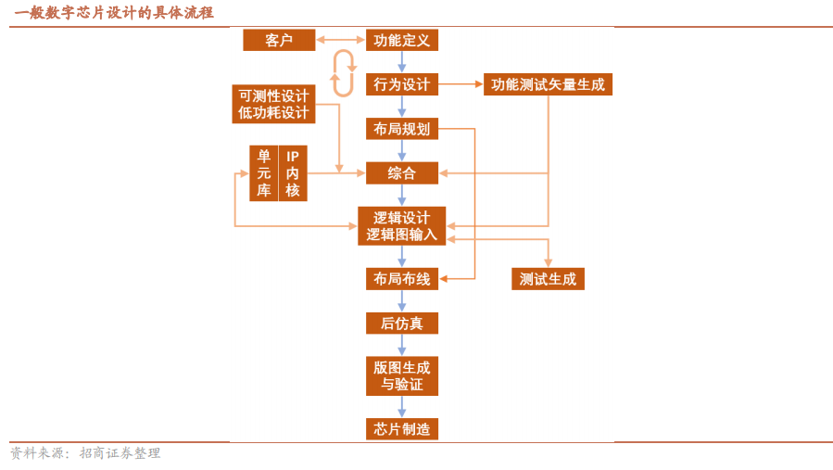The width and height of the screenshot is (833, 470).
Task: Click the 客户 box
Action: pyautogui.click(x=279, y=40)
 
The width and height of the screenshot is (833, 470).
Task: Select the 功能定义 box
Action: pyautogui.click(x=401, y=40)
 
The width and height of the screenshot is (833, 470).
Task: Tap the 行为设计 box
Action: pyautogui.click(x=401, y=84)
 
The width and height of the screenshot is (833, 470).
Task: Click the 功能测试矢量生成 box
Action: pyautogui.click(x=548, y=84)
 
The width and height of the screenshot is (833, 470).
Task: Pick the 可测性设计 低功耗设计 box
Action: pyautogui.click(x=273, y=104)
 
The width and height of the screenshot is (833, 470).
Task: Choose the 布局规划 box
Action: pyautogui.click(x=401, y=129)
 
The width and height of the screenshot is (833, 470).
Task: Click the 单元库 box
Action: pyautogui.click(x=264, y=173)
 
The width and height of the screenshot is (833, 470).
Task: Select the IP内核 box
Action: pyautogui.click(x=293, y=173)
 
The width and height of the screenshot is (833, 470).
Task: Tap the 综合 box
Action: pyautogui.click(x=401, y=173)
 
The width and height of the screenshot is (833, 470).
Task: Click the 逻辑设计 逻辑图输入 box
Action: pyautogui.click(x=401, y=226)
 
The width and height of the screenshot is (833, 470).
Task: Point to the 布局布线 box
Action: pyautogui.click(x=401, y=279)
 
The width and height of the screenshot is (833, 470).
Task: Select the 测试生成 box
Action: pyautogui.click(x=548, y=279)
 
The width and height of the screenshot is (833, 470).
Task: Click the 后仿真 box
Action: pyautogui.click(x=401, y=324)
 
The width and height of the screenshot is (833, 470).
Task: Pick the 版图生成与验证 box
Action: pyautogui.click(x=401, y=375)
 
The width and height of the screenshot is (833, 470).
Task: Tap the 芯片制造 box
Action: pyautogui.click(x=401, y=428)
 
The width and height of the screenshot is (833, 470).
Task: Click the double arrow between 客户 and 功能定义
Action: pyautogui.click(x=340, y=40)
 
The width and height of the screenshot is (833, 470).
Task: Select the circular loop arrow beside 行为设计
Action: pyautogui.click(x=344, y=74)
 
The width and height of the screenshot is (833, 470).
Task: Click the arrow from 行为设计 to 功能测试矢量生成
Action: pyautogui.click(x=461, y=84)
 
